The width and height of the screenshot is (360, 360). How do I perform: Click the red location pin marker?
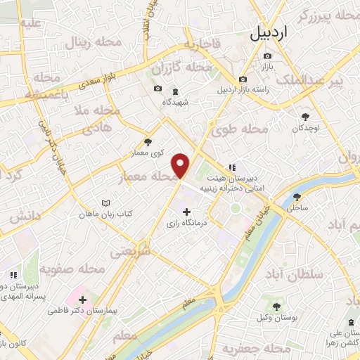pyautogui.click(x=181, y=165)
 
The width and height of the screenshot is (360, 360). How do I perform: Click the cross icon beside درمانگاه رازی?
pyautogui.click(x=186, y=211)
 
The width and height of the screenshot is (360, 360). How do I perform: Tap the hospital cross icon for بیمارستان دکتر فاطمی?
pyautogui.click(x=82, y=300)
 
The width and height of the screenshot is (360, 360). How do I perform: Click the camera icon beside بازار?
pyautogui.click(x=266, y=56)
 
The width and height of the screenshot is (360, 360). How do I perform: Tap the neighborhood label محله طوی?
pyautogui.click(x=241, y=130)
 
